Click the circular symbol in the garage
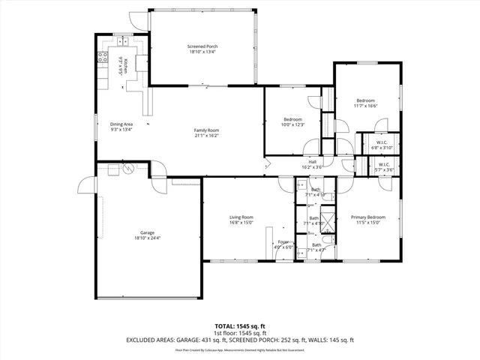click(127, 169)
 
